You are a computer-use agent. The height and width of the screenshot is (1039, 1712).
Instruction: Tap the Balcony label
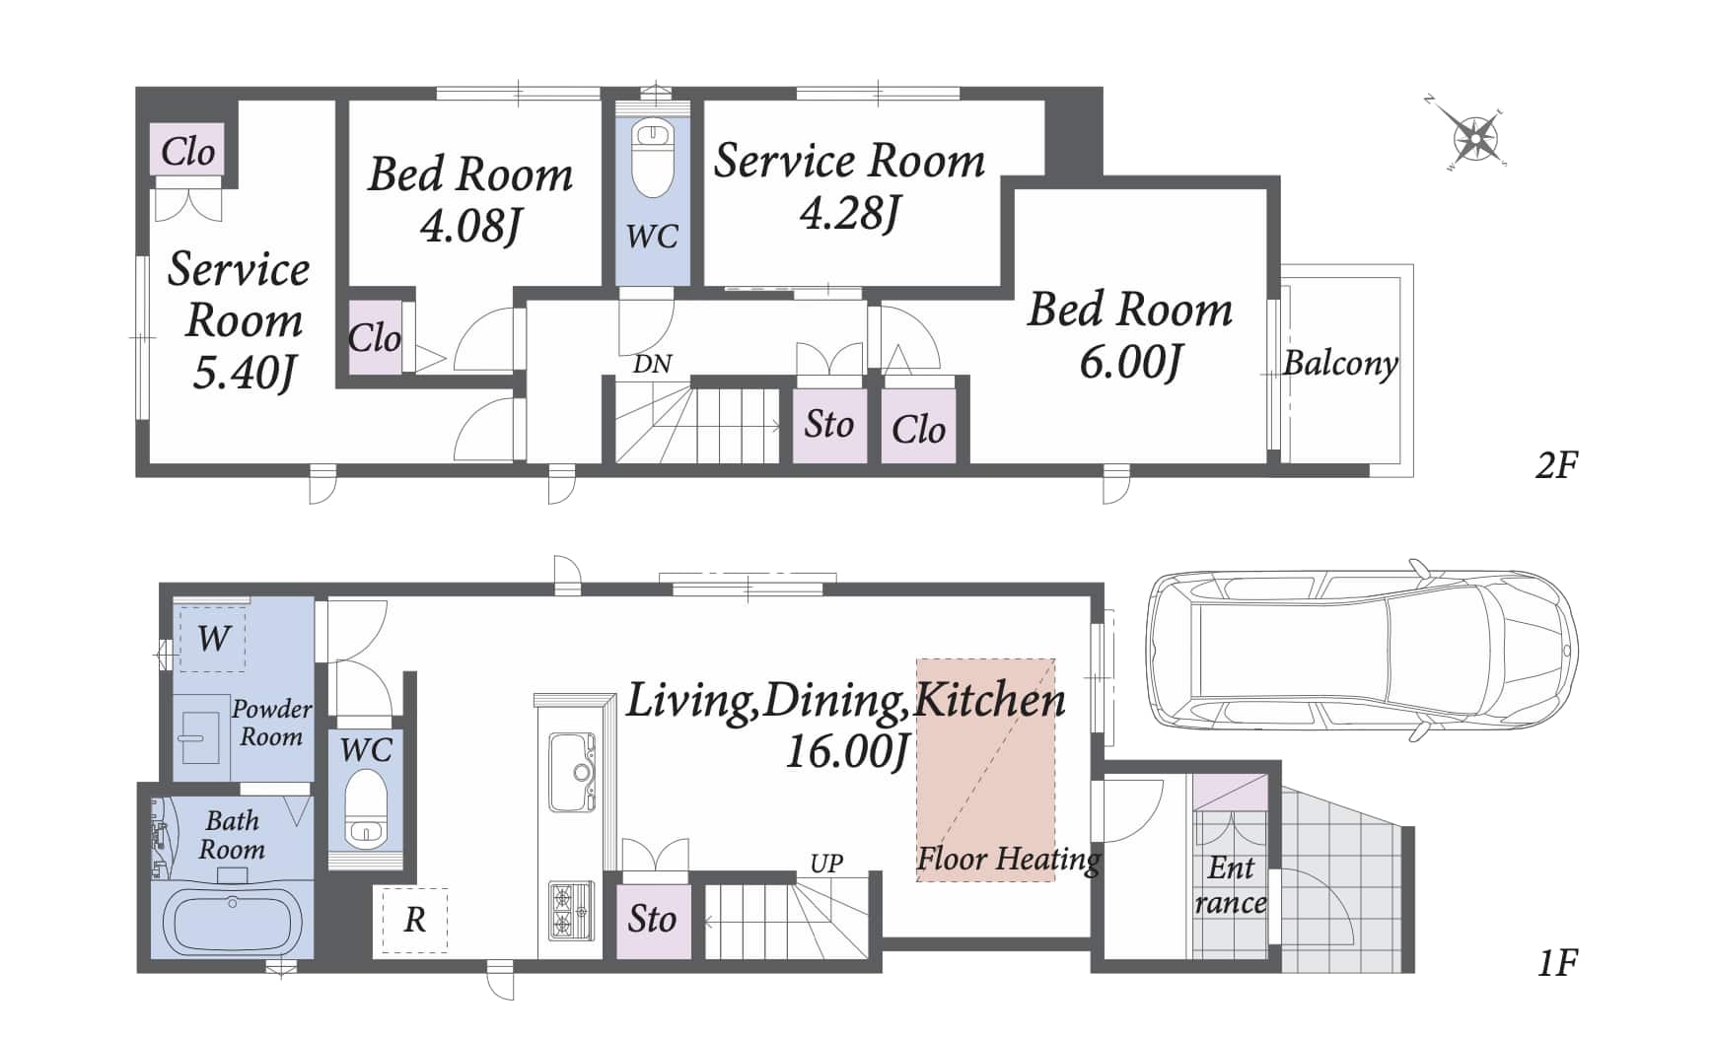click(1340, 364)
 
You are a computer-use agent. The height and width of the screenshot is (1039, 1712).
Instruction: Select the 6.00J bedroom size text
click(1130, 363)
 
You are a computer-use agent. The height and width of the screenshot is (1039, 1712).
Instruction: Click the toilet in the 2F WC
click(652, 158)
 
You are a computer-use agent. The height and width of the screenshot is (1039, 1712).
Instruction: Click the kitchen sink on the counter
click(571, 770)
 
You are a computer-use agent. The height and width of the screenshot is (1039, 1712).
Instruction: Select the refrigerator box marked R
click(414, 920)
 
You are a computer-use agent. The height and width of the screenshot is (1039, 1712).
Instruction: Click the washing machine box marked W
click(213, 639)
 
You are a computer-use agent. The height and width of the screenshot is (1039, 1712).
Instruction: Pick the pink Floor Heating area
click(985, 769)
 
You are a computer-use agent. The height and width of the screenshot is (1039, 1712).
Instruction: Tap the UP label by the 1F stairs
click(826, 864)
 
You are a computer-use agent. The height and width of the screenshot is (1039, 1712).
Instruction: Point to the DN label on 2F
click(652, 365)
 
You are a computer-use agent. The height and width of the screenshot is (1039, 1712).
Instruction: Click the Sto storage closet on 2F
click(829, 425)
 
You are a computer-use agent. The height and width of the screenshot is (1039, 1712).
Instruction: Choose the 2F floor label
click(1556, 464)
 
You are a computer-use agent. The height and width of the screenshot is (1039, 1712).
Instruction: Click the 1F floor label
click(1557, 962)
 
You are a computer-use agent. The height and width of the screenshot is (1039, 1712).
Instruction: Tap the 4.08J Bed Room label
click(470, 200)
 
